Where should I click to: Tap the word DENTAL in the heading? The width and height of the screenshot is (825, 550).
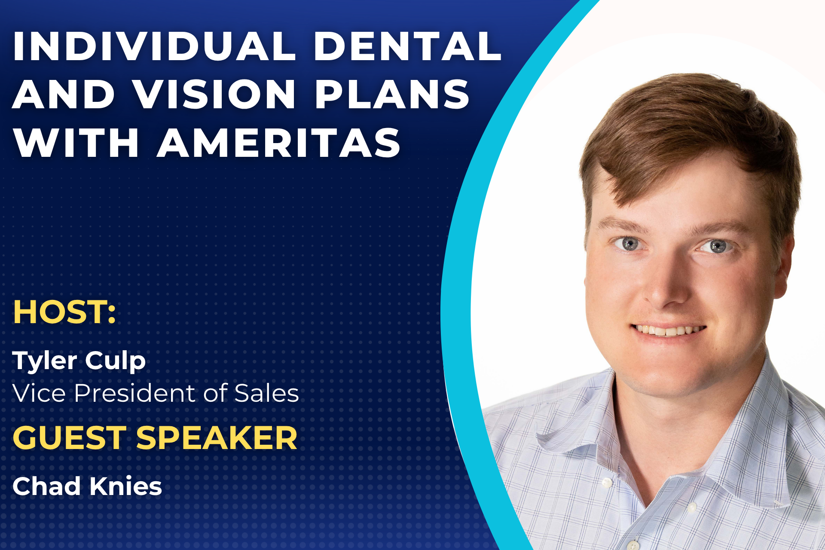pos(408,46)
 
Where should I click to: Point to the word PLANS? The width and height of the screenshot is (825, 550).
pos(392,94)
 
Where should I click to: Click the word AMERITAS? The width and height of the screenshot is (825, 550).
pos(279,143)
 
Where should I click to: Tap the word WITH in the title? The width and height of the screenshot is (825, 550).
pos(76,143)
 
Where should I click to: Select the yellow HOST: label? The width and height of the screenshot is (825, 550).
pos(64,312)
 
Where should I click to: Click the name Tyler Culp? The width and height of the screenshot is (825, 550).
pos(79,361)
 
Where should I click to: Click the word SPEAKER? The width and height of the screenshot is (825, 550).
pos(217,438)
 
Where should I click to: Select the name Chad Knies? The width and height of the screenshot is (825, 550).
pos(87,486)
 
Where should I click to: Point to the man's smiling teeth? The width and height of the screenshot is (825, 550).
pos(669,330)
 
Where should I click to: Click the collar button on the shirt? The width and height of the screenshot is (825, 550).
pos(607,483)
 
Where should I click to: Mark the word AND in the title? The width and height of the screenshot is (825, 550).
pos(64,94)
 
